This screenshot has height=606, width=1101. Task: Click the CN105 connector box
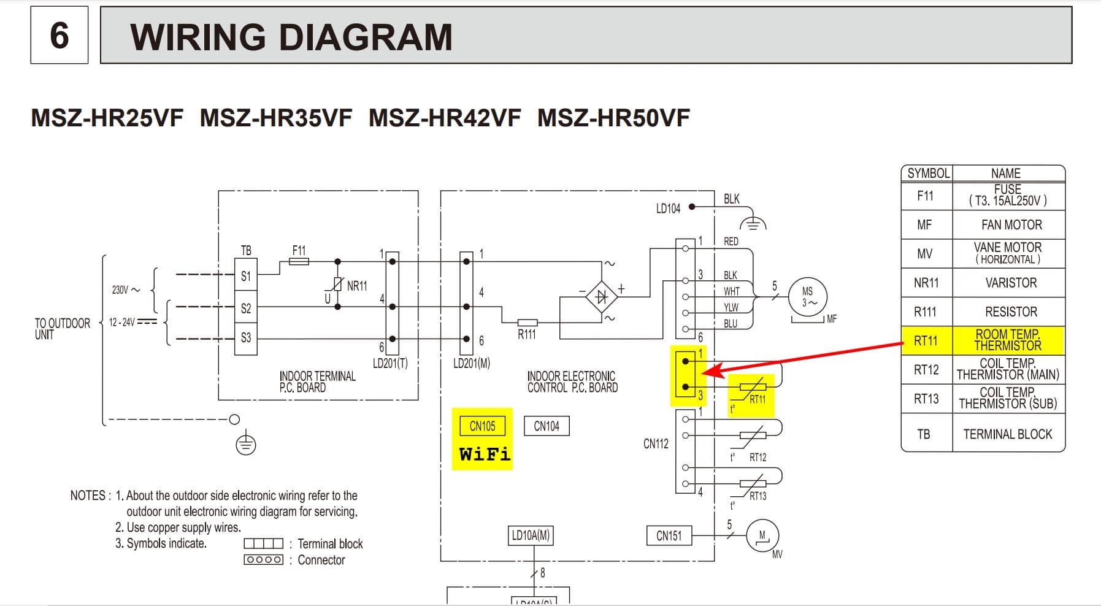tap(482, 426)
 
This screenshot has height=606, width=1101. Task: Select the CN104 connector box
tap(547, 426)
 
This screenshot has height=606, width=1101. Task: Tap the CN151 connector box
tap(669, 535)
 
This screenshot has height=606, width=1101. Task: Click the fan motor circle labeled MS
tap(808, 297)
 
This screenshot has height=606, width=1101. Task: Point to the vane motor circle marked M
tap(762, 535)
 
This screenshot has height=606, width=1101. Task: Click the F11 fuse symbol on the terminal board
tap(299, 261)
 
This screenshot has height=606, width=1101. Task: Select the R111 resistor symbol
tap(527, 323)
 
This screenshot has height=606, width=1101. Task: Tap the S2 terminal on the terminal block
tap(246, 308)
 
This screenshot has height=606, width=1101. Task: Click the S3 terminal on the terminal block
tap(246, 337)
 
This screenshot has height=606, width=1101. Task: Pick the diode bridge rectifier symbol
tap(601, 297)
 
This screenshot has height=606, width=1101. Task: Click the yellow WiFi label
tap(484, 454)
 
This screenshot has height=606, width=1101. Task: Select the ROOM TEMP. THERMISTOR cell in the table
tap(1008, 340)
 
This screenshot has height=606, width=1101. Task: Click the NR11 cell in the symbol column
tap(926, 283)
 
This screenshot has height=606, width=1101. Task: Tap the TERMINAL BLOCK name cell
tap(1008, 434)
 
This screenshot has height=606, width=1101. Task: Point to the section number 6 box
tap(59, 35)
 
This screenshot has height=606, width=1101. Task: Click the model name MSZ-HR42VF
tap(445, 118)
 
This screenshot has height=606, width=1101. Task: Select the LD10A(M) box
tap(531, 535)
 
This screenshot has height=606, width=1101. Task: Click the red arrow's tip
tap(704, 373)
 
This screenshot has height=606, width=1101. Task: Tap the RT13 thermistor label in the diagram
tap(758, 496)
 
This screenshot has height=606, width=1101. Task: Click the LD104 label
tap(668, 209)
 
